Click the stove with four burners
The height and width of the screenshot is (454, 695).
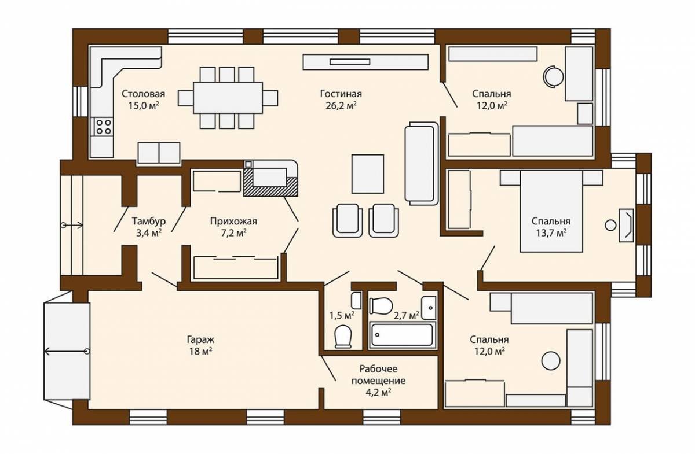pos(103,127)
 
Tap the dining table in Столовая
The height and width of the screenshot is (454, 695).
pos(228,98)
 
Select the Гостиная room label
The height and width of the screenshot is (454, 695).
pos(341,94)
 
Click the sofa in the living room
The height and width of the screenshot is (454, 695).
pos(422,164)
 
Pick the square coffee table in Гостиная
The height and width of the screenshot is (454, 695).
pos(368,174)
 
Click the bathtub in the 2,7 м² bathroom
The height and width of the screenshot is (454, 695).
pos(402,335)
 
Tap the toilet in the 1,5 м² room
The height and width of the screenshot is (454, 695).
pos(343,336)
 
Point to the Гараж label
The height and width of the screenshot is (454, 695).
pos(200,339)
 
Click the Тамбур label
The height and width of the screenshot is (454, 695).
pos(149,222)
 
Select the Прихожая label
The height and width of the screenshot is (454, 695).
pos(233,222)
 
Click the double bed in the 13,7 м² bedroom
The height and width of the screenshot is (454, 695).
pos(551,211)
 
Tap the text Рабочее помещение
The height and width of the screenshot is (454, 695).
pos(378,375)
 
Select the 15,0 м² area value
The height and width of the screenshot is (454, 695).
pos(144,106)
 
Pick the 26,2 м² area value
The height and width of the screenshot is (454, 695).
pos(341,106)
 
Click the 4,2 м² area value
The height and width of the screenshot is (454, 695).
pos(378,393)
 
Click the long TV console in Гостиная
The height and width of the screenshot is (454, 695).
pos(366,62)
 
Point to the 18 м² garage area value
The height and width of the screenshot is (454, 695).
pos(200,352)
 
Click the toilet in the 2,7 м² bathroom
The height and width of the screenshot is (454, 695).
pos(381,305)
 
